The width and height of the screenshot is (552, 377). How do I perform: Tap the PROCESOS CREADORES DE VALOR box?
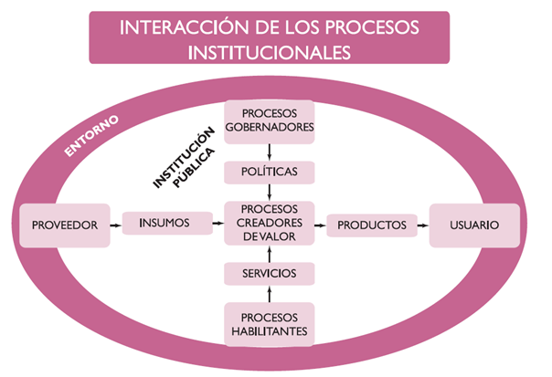click(270, 223)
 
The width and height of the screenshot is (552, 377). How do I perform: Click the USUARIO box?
click(474, 224)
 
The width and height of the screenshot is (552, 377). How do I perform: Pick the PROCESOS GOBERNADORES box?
click(270, 120)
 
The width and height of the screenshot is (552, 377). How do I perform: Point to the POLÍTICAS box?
click(270, 171)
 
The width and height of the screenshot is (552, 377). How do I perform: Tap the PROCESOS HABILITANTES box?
click(270, 324)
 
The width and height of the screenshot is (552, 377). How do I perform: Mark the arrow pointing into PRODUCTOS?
click(320, 224)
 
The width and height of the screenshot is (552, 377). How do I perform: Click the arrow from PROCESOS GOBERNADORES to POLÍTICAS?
click(270, 150)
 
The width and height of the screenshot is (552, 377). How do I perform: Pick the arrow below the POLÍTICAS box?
click(270, 192)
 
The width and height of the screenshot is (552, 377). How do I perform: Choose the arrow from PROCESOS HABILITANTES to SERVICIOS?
click(270, 294)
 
